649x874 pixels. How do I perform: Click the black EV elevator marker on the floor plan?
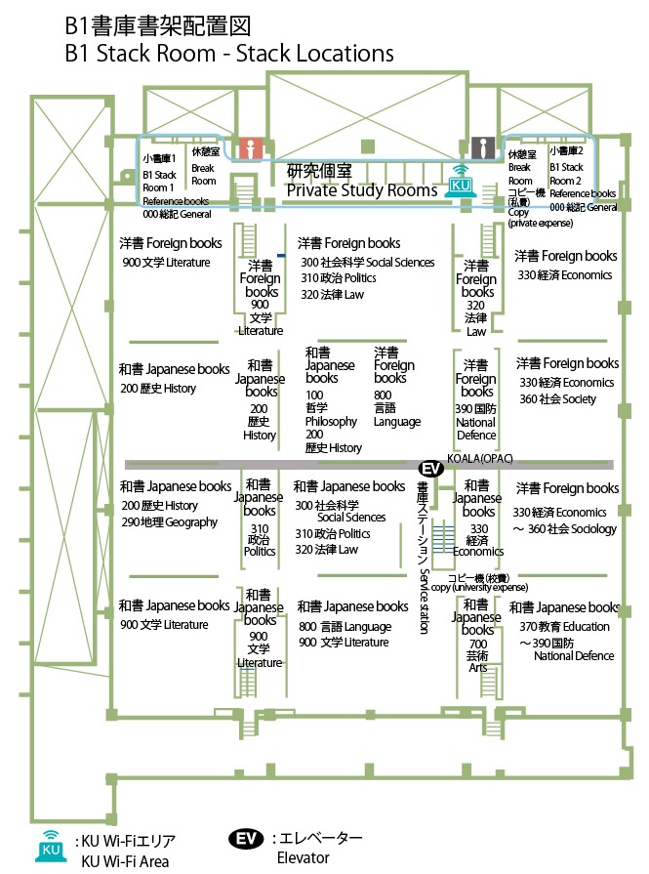coord(431,469)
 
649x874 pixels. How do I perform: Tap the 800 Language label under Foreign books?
coord(396,414)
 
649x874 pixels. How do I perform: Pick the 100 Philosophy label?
coord(331,414)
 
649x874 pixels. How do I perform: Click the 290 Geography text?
coord(169,522)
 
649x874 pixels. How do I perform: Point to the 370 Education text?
coord(564,627)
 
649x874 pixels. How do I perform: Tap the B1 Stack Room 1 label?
coord(159,181)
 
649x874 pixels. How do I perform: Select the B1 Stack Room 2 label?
coord(566,174)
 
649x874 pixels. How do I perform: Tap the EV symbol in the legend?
coord(247,839)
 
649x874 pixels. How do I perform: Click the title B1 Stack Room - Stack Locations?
coord(229,53)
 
